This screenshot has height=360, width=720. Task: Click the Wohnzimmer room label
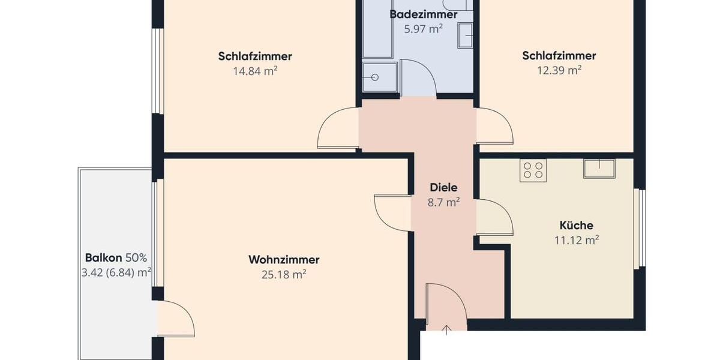[284, 260]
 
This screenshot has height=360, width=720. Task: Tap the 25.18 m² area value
[284, 275]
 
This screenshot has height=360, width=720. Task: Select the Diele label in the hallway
[443, 188]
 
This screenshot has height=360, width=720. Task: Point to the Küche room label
[576, 226]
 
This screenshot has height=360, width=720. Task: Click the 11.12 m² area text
[576, 241]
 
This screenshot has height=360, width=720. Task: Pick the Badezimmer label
[424, 14]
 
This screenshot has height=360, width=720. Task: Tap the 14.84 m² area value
[255, 71]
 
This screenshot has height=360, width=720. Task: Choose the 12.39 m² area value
[559, 70]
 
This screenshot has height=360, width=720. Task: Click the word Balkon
[104, 258]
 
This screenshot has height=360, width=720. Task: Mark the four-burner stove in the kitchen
[533, 170]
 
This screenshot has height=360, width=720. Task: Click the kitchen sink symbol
[599, 168]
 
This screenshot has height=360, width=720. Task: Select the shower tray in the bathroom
[379, 77]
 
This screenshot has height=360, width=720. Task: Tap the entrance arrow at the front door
[446, 329]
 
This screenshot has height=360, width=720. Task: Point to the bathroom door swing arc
[418, 78]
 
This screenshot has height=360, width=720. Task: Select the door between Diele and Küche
[494, 217]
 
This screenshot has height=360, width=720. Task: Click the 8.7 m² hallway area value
[443, 202]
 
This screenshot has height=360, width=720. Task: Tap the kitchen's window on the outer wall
[641, 228]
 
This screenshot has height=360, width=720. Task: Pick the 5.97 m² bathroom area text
[423, 29]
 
